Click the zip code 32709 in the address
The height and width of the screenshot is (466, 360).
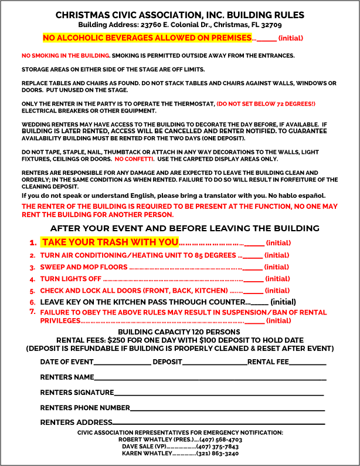coord(270,25)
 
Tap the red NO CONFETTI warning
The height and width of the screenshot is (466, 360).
coord(134,159)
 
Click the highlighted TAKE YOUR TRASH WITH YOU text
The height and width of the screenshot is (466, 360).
coord(110,242)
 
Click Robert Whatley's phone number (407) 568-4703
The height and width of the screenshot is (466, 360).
coord(220,440)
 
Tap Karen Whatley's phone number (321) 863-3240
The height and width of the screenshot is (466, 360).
coord(218,454)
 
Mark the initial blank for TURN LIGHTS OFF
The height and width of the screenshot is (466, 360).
coord(253,280)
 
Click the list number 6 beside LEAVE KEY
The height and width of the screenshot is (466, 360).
coord(33,302)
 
